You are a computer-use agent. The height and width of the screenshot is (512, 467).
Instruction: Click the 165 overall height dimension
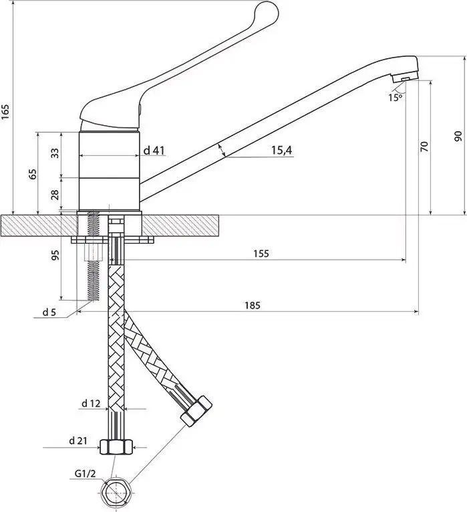point(5,112)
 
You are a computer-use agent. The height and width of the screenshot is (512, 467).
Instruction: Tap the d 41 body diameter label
point(154,150)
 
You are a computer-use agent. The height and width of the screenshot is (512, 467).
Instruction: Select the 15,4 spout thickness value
point(282,150)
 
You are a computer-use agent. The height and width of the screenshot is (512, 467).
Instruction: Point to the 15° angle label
point(395,97)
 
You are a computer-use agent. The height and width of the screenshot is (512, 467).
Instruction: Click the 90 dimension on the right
point(458,136)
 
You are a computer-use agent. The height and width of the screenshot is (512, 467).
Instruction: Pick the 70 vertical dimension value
point(424,147)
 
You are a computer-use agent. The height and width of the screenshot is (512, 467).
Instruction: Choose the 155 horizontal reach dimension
point(261,254)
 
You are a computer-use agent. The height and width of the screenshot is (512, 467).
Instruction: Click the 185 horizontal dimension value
point(253,305)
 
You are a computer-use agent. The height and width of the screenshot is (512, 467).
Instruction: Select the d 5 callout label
point(49,312)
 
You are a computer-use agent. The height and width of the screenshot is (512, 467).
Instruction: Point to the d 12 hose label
point(91,404)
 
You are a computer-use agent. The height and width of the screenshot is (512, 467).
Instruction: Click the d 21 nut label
point(78,441)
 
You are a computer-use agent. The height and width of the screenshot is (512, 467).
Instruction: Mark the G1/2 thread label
point(85,473)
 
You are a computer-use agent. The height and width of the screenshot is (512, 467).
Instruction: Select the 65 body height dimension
point(32,174)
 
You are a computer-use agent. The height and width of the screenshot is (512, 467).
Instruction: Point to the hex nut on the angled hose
point(196,410)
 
